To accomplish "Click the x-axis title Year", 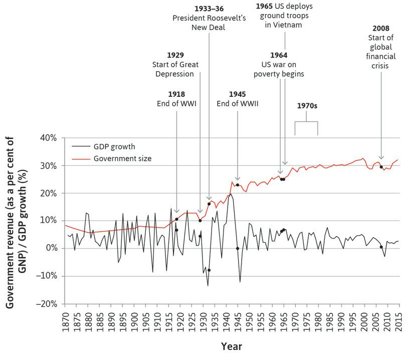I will point(232,346).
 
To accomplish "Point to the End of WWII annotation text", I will point(237,104).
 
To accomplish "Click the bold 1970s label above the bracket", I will point(306,106).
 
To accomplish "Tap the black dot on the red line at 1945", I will point(238,185).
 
